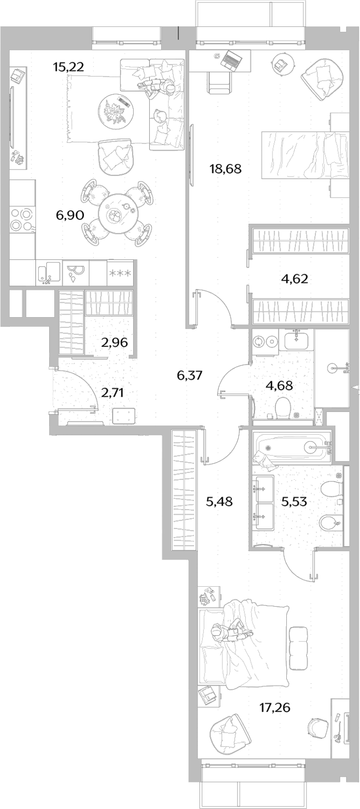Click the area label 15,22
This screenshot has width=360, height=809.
68,67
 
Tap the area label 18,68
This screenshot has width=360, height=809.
225,169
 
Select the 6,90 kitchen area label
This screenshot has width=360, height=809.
70,215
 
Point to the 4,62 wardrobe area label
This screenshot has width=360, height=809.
294,279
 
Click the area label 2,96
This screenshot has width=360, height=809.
114,342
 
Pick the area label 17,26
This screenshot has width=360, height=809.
275,707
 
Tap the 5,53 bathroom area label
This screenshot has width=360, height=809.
294,501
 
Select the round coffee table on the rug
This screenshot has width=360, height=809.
116,111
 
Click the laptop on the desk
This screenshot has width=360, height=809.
229,59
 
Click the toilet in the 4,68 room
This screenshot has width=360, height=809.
283,407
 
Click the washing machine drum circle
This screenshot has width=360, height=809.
258,341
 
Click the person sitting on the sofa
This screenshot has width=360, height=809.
157,87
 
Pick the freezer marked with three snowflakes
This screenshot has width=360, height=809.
121,274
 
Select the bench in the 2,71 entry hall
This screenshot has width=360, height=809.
123,416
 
